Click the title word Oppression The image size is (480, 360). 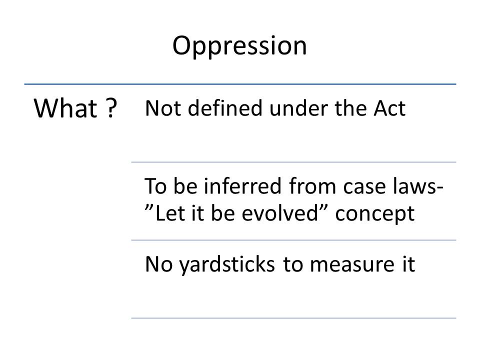click(239, 46)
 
